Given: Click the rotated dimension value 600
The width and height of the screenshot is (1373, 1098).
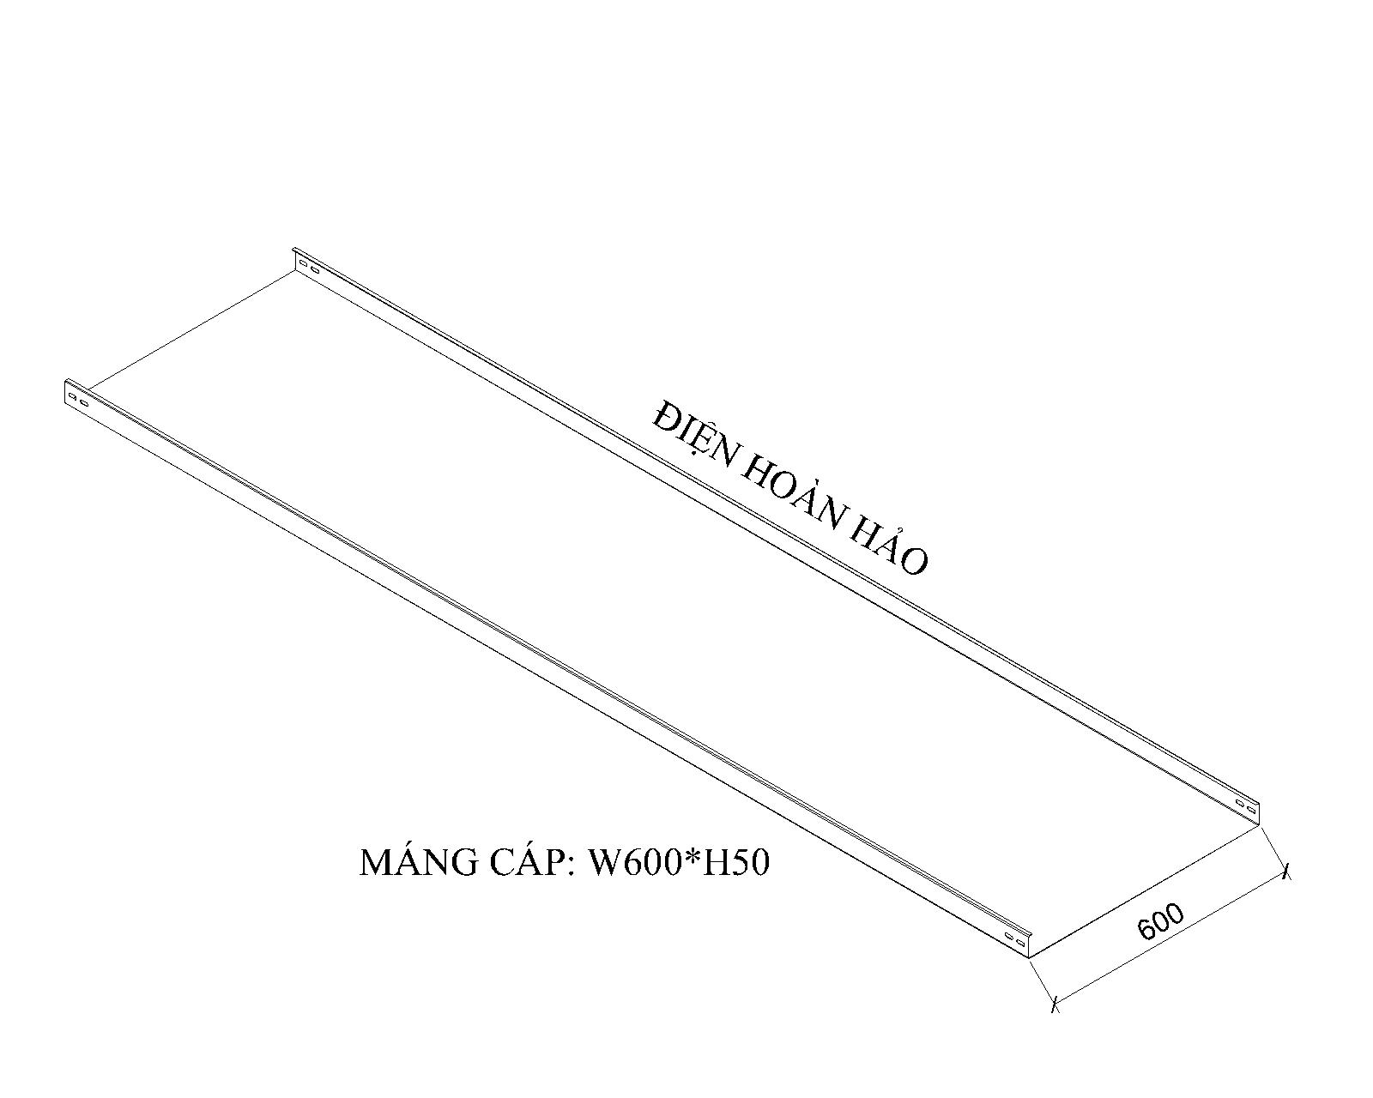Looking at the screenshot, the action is click(x=1161, y=921).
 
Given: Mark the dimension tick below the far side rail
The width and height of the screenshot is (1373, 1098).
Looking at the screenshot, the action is click(x=1285, y=872).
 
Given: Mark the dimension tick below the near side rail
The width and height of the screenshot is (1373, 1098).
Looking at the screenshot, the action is click(x=1055, y=1003).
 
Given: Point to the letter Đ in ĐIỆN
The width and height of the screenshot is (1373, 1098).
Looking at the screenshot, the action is click(x=664, y=418).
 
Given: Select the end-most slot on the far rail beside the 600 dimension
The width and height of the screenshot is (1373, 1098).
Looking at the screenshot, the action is click(x=1251, y=808).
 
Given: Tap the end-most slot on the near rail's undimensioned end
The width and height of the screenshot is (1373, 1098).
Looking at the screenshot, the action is click(x=72, y=396).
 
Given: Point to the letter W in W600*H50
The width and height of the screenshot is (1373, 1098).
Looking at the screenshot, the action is click(x=602, y=863).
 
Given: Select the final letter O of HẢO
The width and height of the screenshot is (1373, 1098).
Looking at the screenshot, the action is click(x=916, y=561).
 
